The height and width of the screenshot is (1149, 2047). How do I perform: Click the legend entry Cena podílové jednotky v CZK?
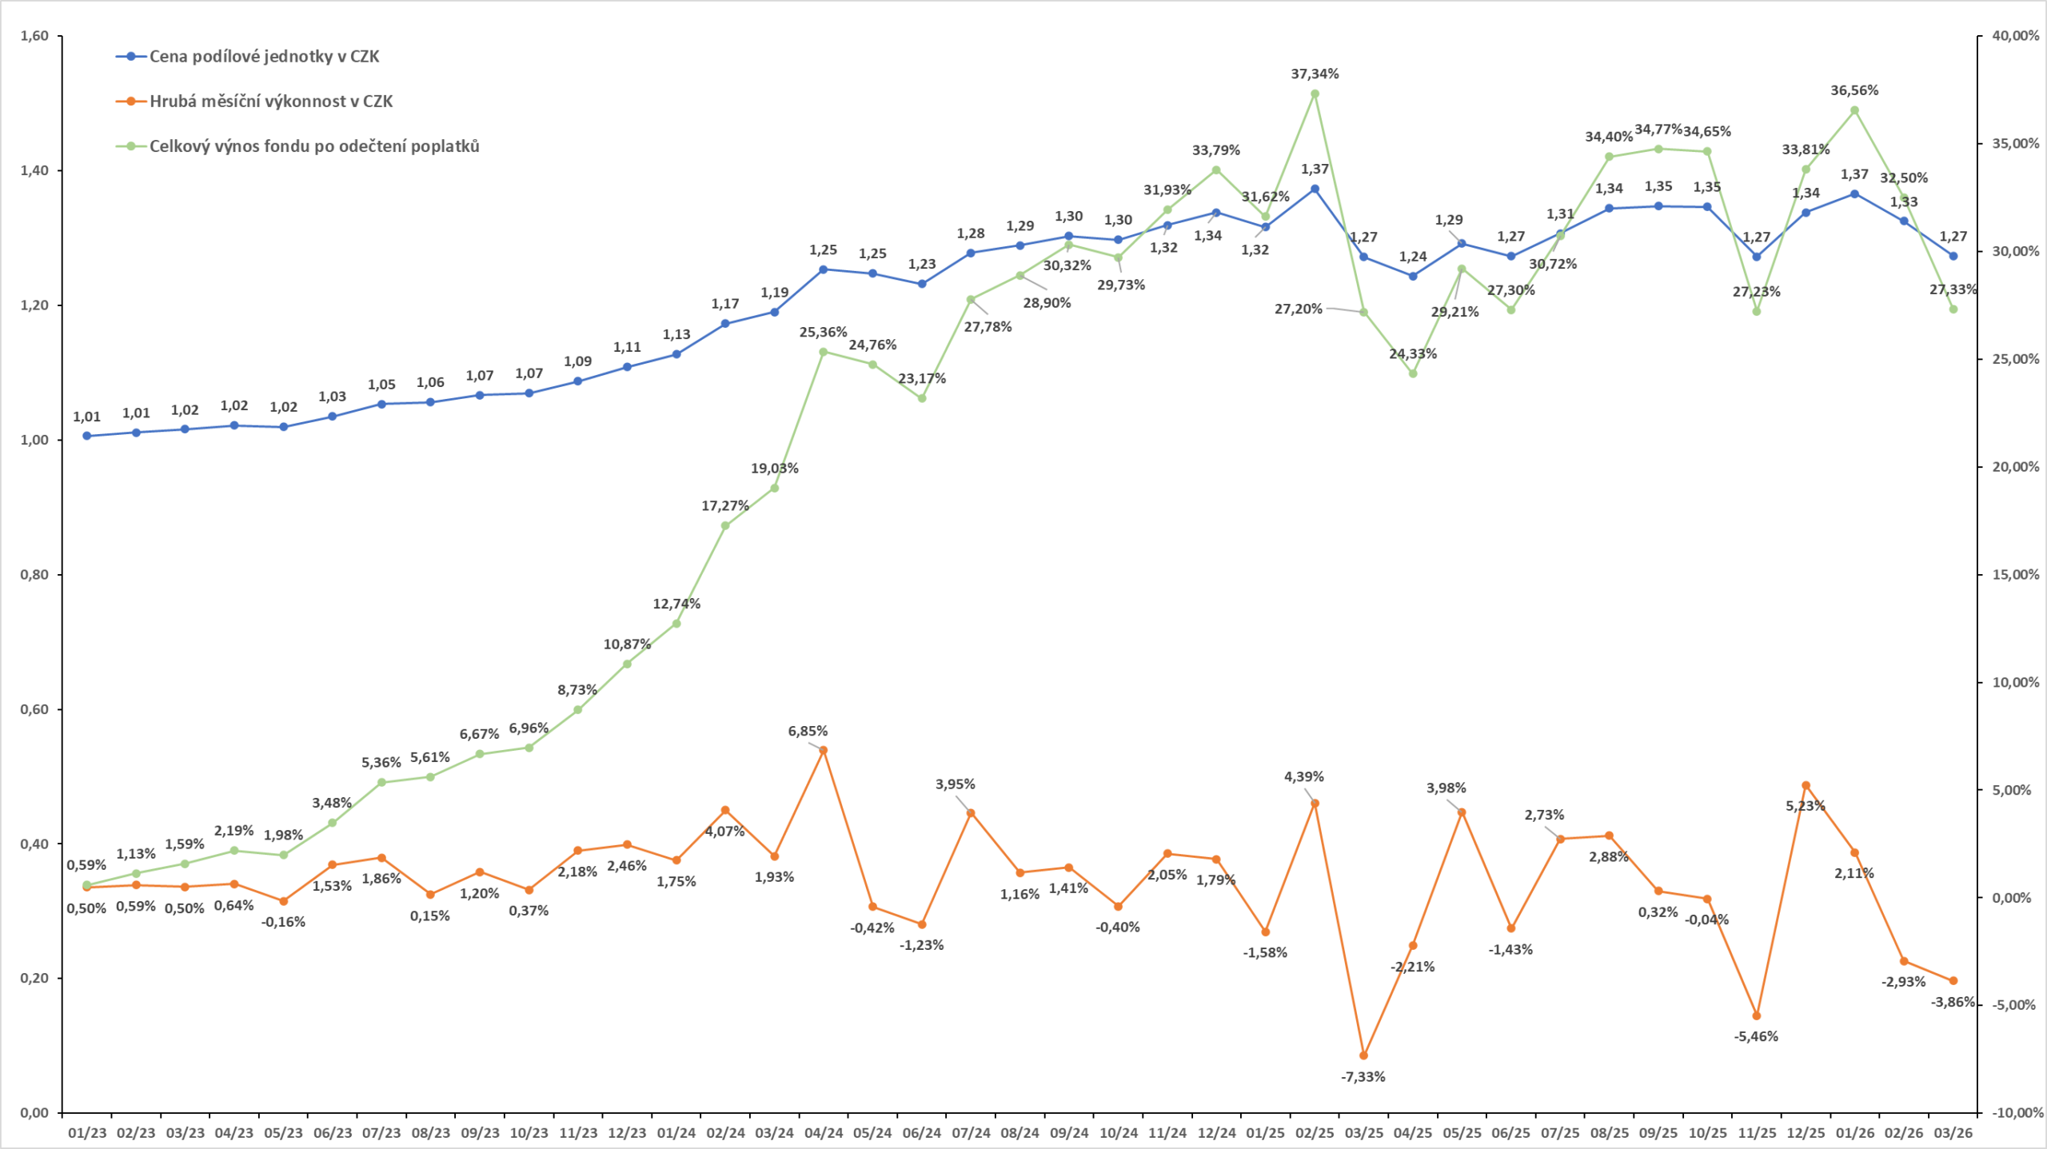pos(264,57)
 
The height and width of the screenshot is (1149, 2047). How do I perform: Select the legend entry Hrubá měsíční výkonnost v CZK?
pos(270,102)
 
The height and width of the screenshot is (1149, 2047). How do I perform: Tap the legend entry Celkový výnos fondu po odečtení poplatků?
pos(313,146)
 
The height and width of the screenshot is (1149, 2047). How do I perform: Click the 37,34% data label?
pos(1315,74)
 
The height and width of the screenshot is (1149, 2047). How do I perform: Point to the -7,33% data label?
pos(1363,1077)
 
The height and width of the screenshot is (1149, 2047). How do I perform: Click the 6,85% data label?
pos(808,732)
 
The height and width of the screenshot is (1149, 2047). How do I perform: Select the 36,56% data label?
pos(1854,91)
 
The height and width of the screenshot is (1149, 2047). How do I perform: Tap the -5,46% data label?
pos(1756,1037)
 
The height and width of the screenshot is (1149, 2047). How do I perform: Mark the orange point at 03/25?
pos(1364,1055)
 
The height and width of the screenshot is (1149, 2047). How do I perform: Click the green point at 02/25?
pos(1315,94)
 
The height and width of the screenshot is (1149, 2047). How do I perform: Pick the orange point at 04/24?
pos(824,750)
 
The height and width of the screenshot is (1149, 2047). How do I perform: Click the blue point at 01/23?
pos(87,436)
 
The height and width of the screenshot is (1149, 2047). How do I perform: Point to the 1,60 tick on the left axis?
pos(34,36)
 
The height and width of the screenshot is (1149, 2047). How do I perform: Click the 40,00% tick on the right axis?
pos(2015,36)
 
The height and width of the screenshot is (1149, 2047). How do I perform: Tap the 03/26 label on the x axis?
pos(1953,1133)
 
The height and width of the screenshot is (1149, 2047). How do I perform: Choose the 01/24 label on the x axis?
pos(676,1133)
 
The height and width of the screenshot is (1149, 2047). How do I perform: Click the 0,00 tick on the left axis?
pos(34,1112)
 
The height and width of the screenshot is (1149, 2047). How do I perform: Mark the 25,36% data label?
pos(823,333)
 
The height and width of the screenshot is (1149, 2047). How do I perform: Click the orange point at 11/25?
pos(1757,1016)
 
